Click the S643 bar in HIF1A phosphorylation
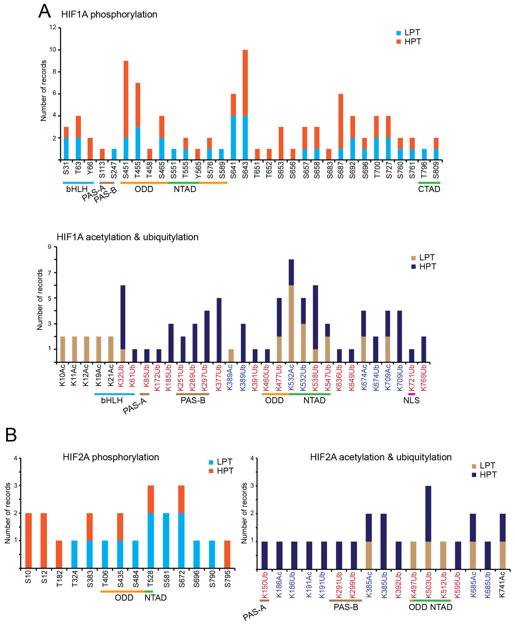[x=245, y=105]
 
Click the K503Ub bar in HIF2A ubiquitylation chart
[x=428, y=528]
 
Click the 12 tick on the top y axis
[x=53, y=27]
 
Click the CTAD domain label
[x=429, y=189]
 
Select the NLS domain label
[x=411, y=400]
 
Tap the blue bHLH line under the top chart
[x=78, y=183]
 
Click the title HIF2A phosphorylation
[x=111, y=457]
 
